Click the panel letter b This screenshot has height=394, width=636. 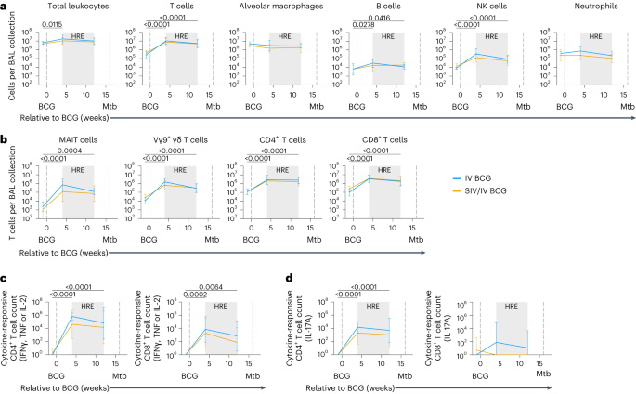pyautogui.click(x=5, y=139)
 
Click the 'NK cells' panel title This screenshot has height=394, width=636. pyautogui.click(x=477, y=7)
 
